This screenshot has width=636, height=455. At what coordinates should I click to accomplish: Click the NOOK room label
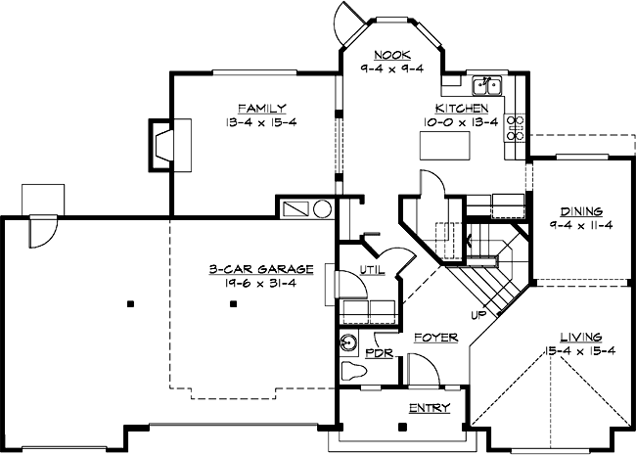(x=392, y=55)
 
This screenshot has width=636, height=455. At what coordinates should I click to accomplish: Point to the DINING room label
(x=581, y=211)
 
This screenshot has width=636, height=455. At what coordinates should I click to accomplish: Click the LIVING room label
(x=581, y=336)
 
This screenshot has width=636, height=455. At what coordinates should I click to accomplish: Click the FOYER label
(x=434, y=338)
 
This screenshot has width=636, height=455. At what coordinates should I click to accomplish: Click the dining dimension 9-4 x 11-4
(x=581, y=226)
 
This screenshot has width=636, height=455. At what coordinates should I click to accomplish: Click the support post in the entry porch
(x=403, y=429)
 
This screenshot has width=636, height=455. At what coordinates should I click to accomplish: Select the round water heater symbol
(x=323, y=209)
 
